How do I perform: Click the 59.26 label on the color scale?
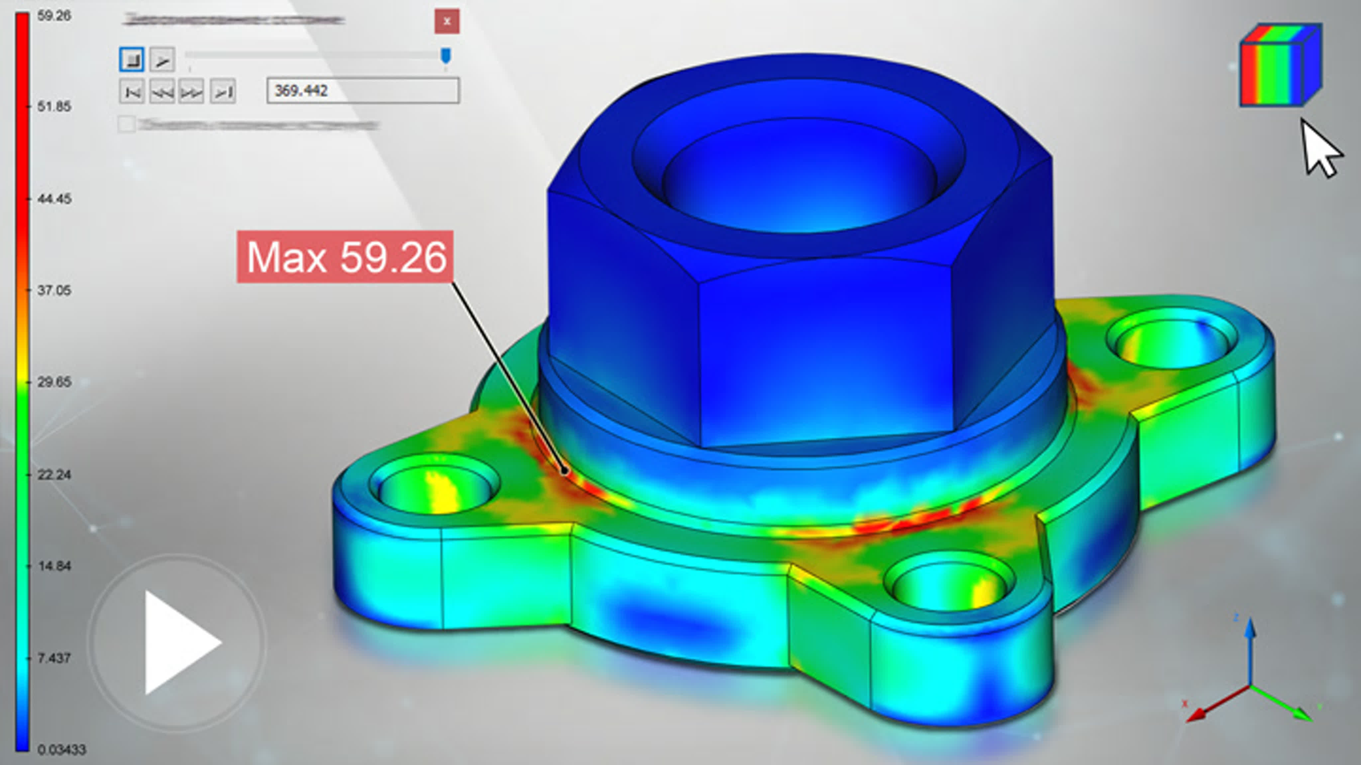(x=54, y=16)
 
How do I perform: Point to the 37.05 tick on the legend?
(x=54, y=291)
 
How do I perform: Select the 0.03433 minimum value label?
(x=61, y=749)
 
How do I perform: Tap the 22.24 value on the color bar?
(x=54, y=474)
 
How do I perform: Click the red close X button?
(x=447, y=22)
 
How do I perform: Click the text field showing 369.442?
(x=363, y=91)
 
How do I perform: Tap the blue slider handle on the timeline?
(x=445, y=55)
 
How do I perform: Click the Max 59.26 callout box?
(x=345, y=257)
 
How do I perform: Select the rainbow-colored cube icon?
(x=1280, y=66)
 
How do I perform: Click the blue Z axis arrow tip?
(x=1249, y=626)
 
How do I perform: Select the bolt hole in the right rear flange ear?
(x=1171, y=343)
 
